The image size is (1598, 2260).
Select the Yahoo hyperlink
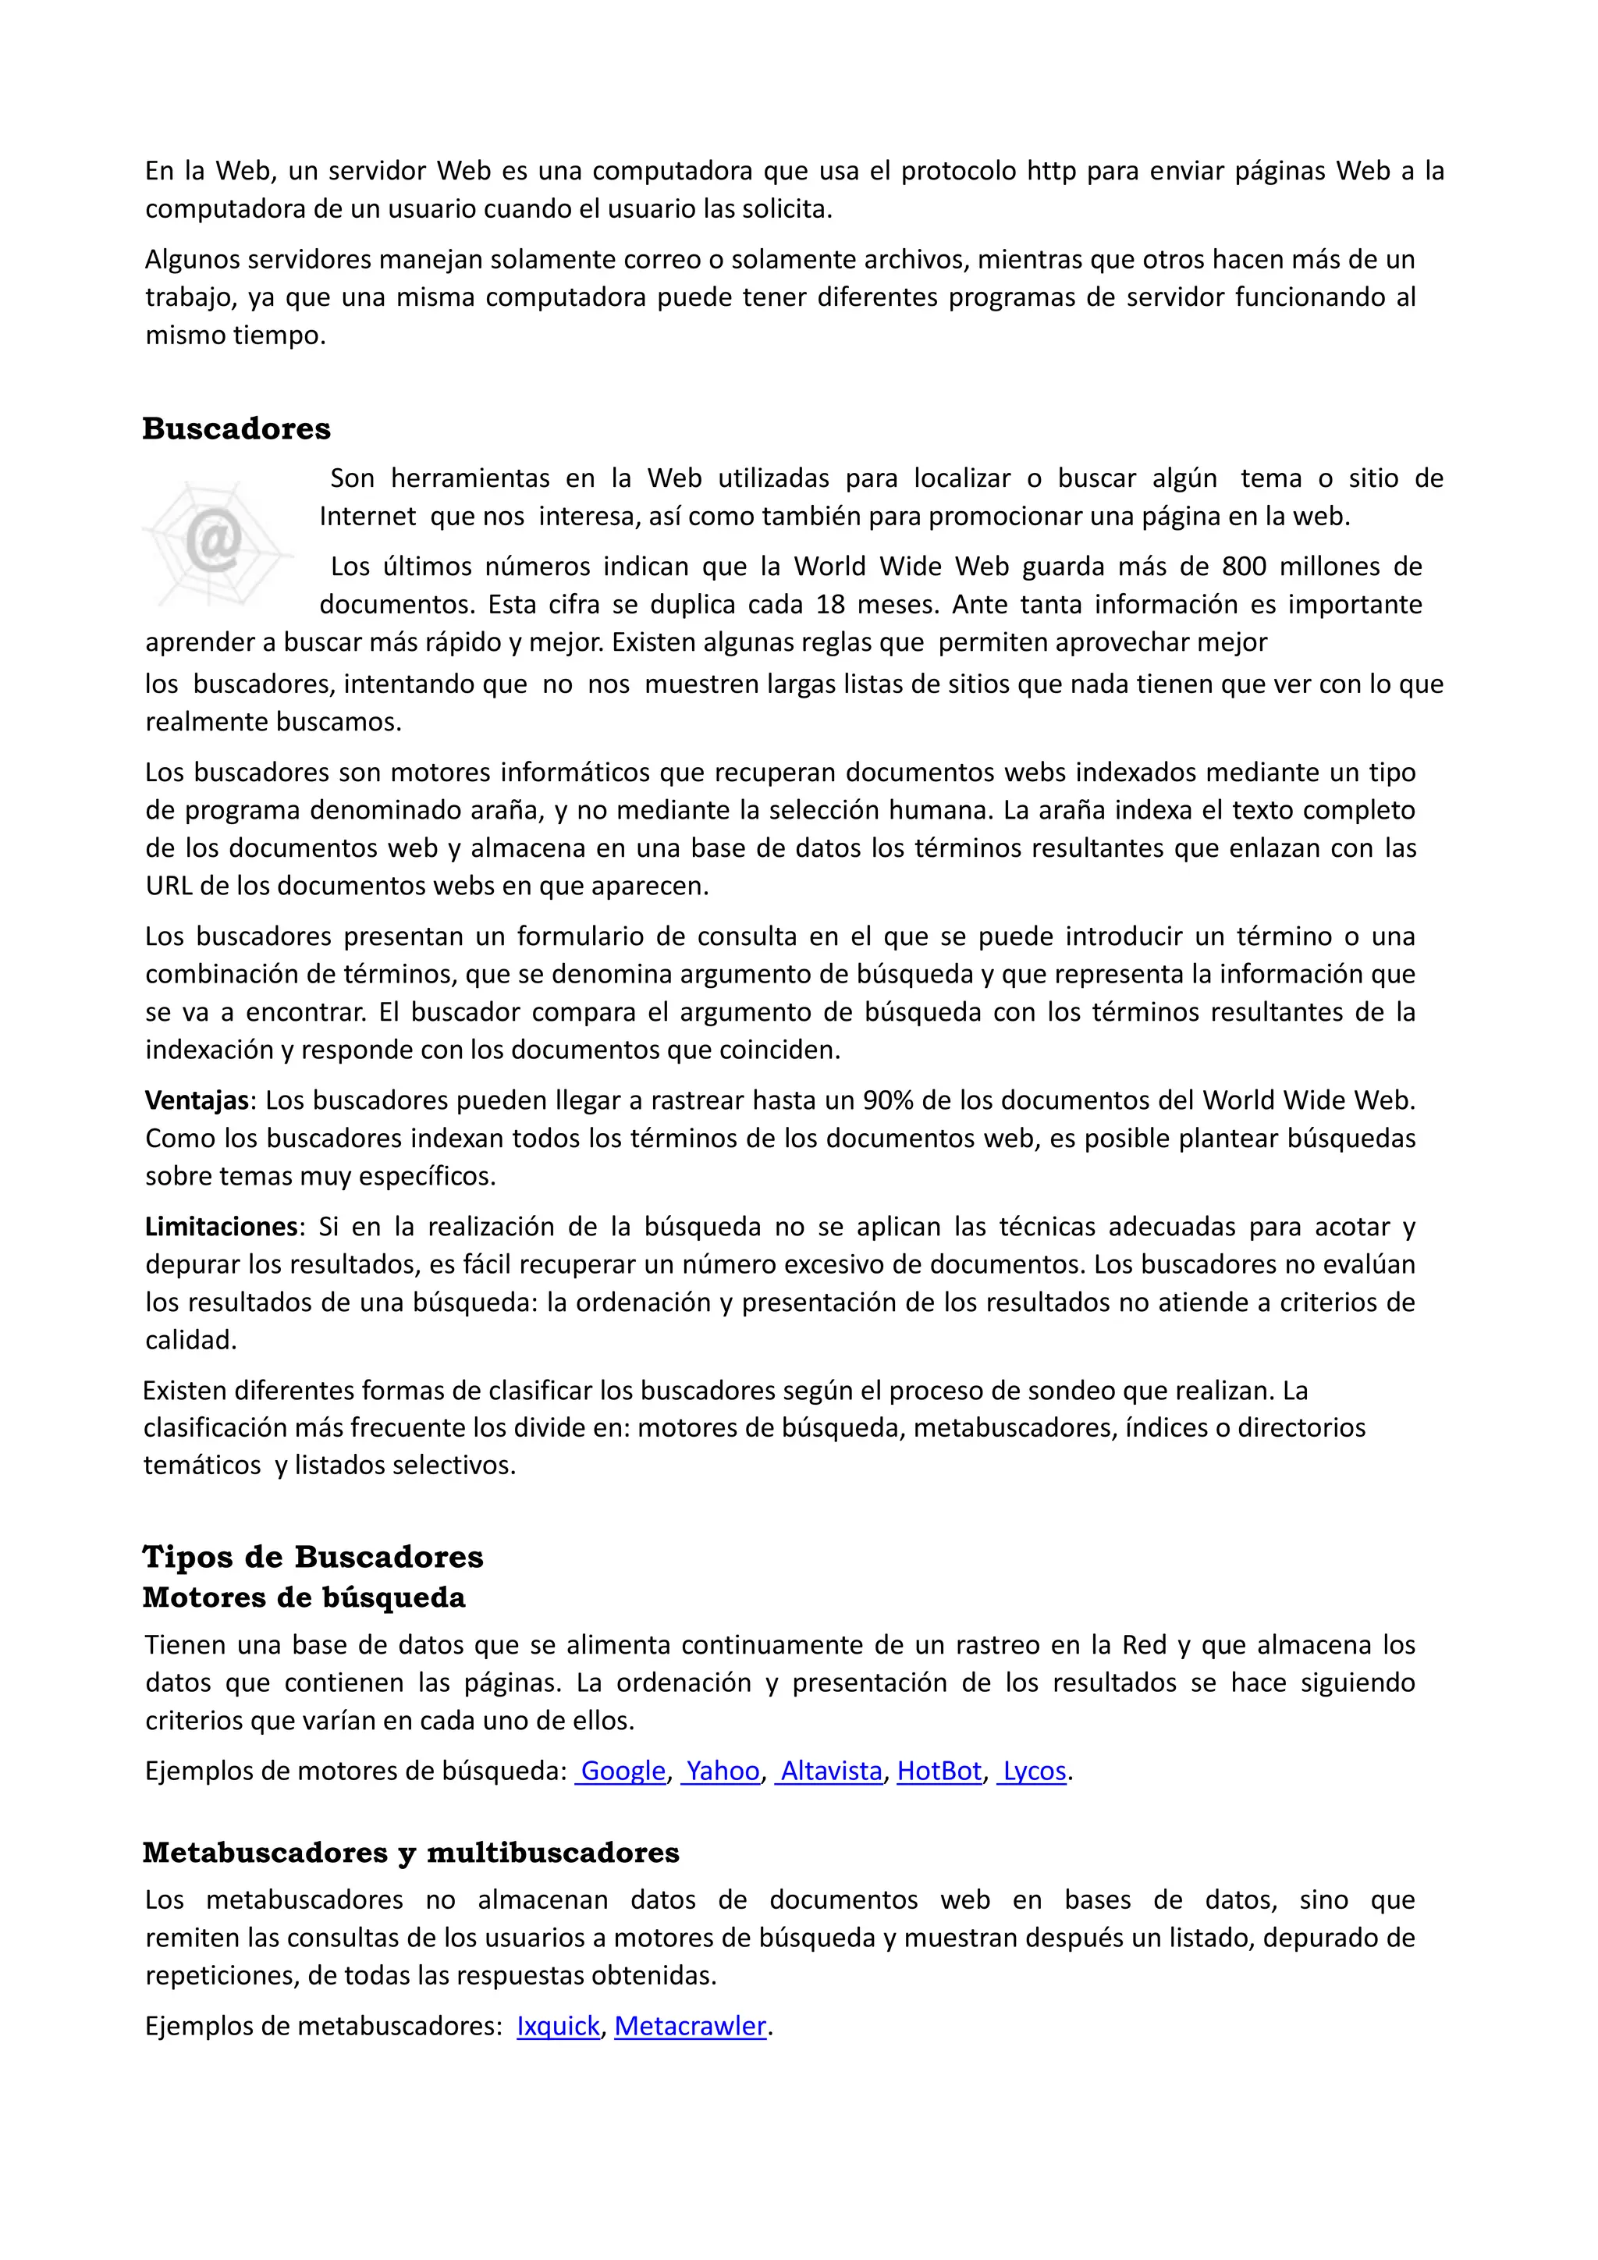pos(723,1771)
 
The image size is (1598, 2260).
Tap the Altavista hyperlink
pos(832,1771)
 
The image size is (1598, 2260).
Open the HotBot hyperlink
pos(939,1771)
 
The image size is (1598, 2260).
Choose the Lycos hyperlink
pos(1034,1771)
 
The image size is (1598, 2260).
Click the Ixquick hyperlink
pos(558,2026)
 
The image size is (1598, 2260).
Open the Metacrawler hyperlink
pos(690,2026)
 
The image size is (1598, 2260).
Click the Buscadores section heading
pos(236,429)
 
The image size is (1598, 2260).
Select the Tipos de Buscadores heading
pos(313,1556)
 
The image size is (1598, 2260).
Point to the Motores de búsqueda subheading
pos(304,1597)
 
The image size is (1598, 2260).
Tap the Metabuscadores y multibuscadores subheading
pos(410,1853)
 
